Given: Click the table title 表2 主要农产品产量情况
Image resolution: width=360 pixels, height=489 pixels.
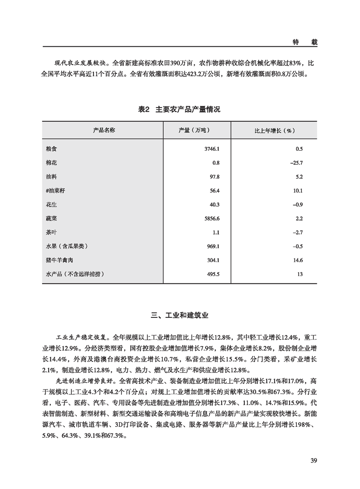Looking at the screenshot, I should coord(179,110).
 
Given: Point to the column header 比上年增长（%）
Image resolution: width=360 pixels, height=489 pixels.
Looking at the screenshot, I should coord(275,130).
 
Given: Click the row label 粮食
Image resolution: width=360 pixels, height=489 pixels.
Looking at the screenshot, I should coord(52,148).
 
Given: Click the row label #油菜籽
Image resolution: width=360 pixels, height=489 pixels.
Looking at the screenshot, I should coord(57,191).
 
